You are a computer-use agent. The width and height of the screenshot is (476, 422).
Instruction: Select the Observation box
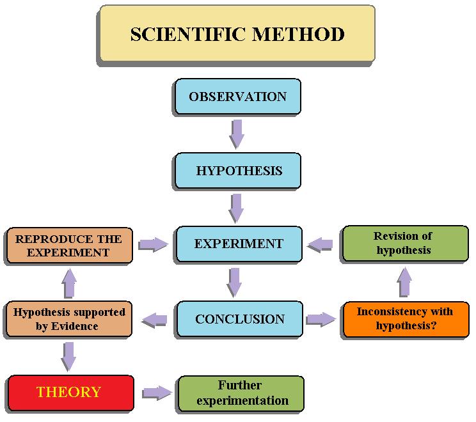(x=237, y=97)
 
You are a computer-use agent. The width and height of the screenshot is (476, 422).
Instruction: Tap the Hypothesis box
(x=237, y=171)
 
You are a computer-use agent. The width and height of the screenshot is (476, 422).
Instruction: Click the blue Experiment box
(x=239, y=244)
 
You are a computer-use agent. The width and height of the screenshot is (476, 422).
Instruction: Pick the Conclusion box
(x=239, y=319)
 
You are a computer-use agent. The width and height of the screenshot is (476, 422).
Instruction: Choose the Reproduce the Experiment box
(x=68, y=246)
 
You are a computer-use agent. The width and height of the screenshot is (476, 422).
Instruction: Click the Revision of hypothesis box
(x=404, y=244)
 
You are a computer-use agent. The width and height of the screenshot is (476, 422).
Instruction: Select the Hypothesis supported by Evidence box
(x=68, y=320)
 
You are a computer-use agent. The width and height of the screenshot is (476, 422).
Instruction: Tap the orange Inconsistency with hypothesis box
(x=406, y=320)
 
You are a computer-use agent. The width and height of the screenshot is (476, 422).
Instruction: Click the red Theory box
(x=70, y=393)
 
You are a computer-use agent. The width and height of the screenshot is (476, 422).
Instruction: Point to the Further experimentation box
(x=241, y=394)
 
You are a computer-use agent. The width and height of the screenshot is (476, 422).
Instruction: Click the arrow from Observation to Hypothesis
(x=237, y=134)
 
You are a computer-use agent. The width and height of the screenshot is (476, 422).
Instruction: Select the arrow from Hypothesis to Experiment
(x=236, y=208)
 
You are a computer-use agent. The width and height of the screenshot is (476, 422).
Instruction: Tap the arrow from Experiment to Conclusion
(x=235, y=282)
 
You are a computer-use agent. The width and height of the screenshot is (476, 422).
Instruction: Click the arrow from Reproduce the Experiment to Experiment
(x=153, y=244)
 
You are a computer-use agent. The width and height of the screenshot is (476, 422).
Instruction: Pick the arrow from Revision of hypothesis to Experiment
(x=321, y=244)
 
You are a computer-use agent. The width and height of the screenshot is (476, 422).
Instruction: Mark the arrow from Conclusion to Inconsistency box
(x=321, y=320)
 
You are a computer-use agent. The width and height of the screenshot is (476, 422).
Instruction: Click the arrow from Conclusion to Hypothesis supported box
(x=154, y=320)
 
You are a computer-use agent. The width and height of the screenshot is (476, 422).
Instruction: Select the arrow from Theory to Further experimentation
(x=157, y=393)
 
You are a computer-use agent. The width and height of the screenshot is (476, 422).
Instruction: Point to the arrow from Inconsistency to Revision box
(x=404, y=282)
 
